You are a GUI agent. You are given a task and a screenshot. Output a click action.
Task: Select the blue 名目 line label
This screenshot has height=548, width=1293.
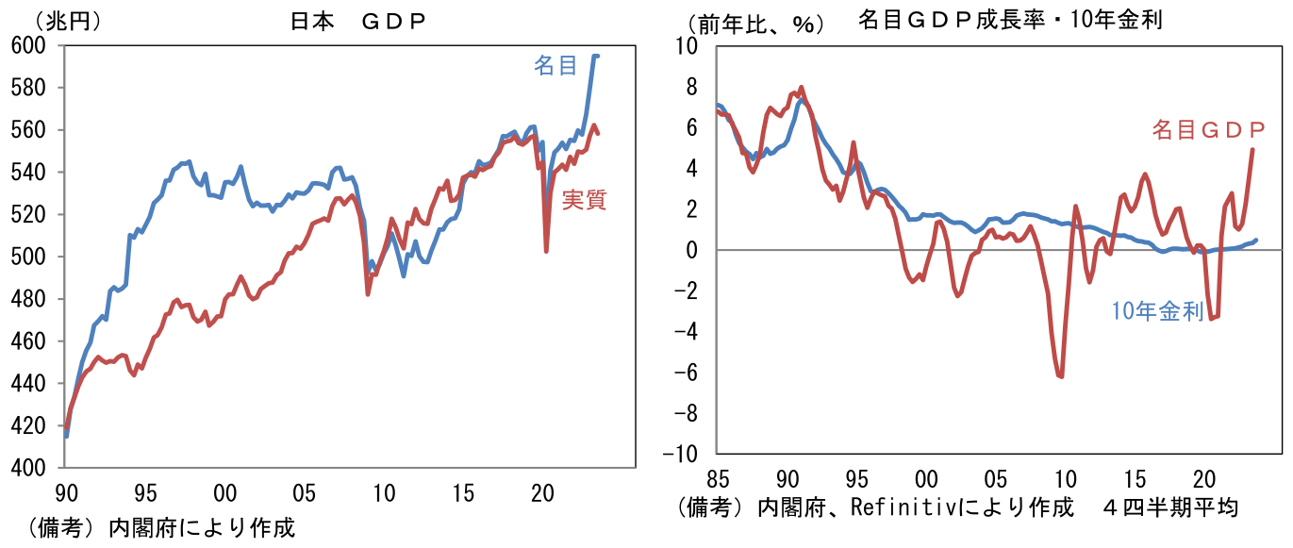[555, 65]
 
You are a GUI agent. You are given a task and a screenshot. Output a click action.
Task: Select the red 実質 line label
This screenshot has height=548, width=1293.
[584, 199]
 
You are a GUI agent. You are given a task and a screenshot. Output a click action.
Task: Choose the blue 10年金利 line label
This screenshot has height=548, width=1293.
[1157, 312]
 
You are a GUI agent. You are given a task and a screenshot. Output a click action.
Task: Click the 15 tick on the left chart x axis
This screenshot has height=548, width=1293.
[462, 491]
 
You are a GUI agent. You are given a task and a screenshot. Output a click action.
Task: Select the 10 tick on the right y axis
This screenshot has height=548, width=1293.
[685, 46]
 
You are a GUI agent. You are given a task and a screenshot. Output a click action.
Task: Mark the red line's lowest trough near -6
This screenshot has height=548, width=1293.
[1061, 376]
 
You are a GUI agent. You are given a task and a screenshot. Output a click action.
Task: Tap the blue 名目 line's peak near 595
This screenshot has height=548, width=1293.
[595, 56]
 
